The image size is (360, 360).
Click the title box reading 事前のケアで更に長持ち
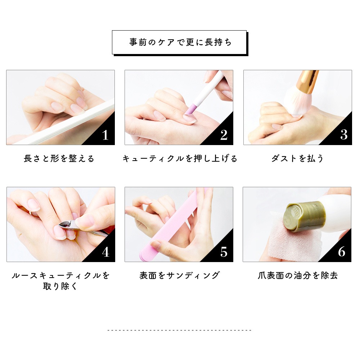click(179, 42)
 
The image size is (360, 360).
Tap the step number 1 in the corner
click(105, 135)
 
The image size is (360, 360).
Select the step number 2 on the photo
click(224, 135)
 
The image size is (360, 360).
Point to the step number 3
click(344, 135)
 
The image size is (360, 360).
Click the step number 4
click(105, 252)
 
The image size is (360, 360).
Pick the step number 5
click(224, 252)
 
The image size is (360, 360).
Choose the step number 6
click(342, 252)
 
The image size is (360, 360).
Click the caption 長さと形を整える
click(59, 158)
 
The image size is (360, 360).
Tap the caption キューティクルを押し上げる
click(180, 158)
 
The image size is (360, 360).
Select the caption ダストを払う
click(298, 158)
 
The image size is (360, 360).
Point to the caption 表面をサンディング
click(180, 275)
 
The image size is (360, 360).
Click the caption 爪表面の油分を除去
click(298, 275)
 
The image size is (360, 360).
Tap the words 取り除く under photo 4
click(60, 286)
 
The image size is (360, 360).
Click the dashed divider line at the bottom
click(179, 330)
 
